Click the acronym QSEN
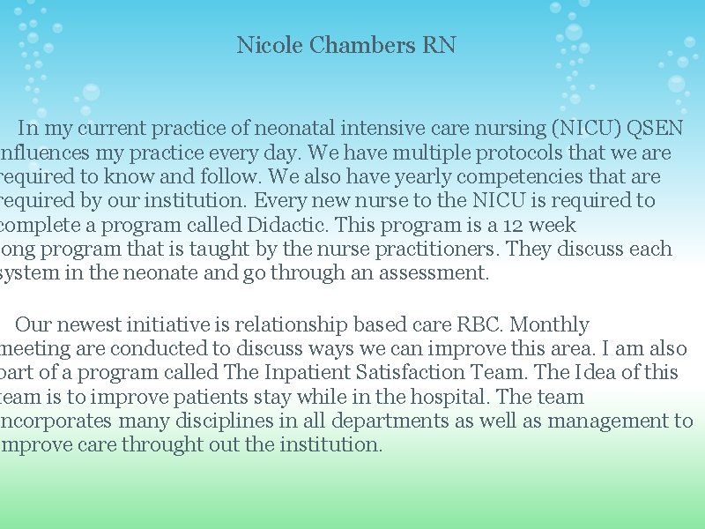655,129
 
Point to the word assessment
434,273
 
